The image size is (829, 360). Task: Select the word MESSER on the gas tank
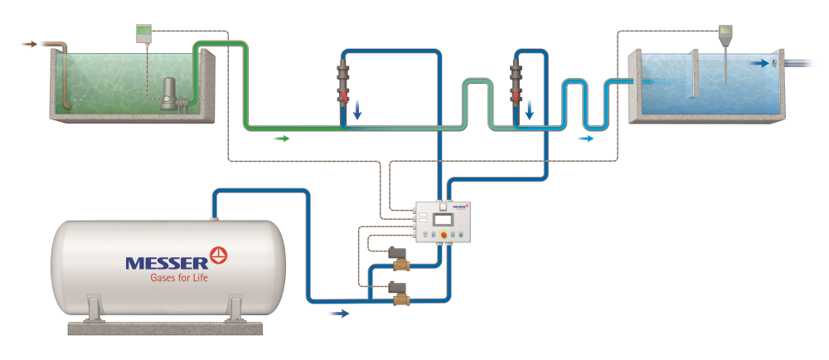(172, 263)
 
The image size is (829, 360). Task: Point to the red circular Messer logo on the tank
(220, 254)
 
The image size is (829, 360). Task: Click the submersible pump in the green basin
(171, 95)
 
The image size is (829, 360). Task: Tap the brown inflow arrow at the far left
(28, 44)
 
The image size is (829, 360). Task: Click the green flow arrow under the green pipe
(282, 139)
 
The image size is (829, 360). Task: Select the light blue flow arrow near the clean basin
(586, 139)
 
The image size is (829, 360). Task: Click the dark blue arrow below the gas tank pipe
(340, 314)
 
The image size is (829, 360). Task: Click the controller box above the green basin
(145, 32)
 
